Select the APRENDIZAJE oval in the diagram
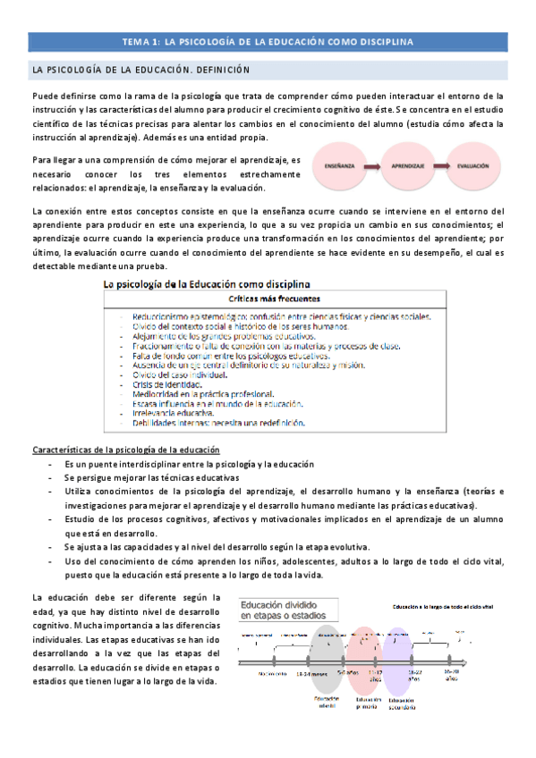408,166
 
